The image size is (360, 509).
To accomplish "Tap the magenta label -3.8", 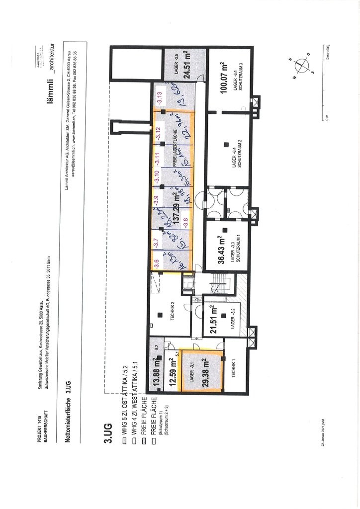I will coord(186,222).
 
